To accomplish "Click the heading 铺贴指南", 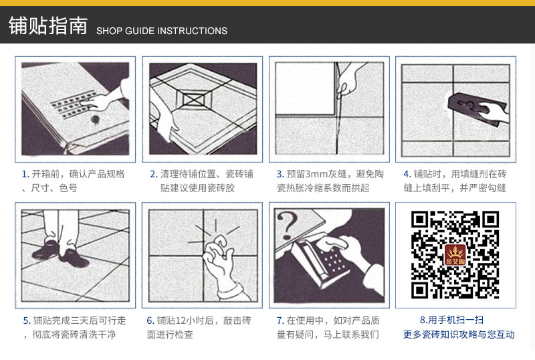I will tap(47, 26).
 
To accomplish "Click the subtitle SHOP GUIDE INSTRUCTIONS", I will tap(162, 31).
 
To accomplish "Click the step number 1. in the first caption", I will tap(25, 174).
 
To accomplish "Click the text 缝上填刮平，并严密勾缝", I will tap(455, 189).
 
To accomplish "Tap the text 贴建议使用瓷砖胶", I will tap(197, 189).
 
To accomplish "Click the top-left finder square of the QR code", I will tap(420, 220).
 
